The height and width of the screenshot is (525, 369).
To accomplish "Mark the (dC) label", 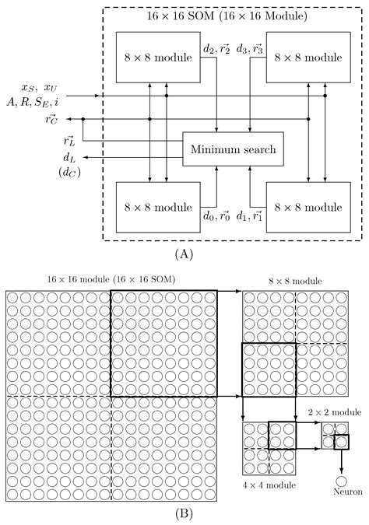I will pos(69,172).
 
